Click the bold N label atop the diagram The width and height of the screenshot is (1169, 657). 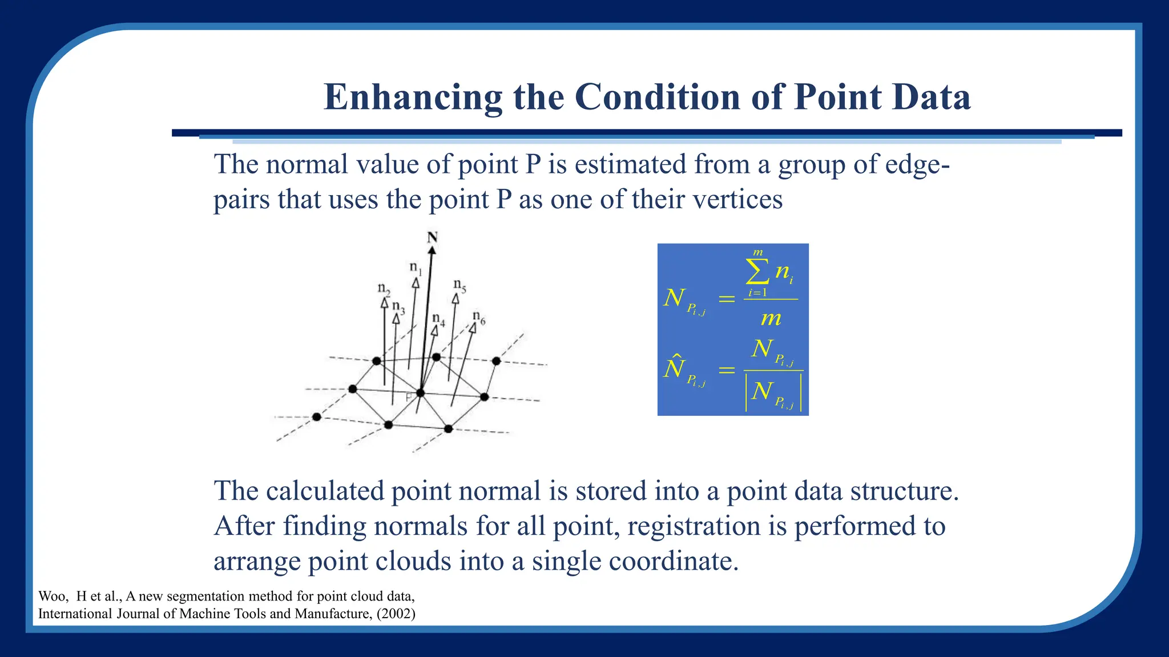[432, 237]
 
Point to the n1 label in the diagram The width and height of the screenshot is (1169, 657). [415, 267]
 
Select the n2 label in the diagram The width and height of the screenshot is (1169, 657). [384, 289]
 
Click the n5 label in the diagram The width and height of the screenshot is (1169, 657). [459, 285]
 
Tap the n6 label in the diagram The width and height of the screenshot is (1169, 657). [478, 317]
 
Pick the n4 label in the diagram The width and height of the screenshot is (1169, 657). [438, 319]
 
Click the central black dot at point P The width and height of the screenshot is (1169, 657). [421, 393]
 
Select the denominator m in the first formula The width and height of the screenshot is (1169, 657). [771, 318]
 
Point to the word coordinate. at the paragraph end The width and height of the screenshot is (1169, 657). [674, 561]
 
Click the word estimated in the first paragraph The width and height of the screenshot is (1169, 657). [630, 165]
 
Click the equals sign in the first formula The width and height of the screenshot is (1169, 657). [726, 298]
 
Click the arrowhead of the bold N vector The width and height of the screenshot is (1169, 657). [432, 250]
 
